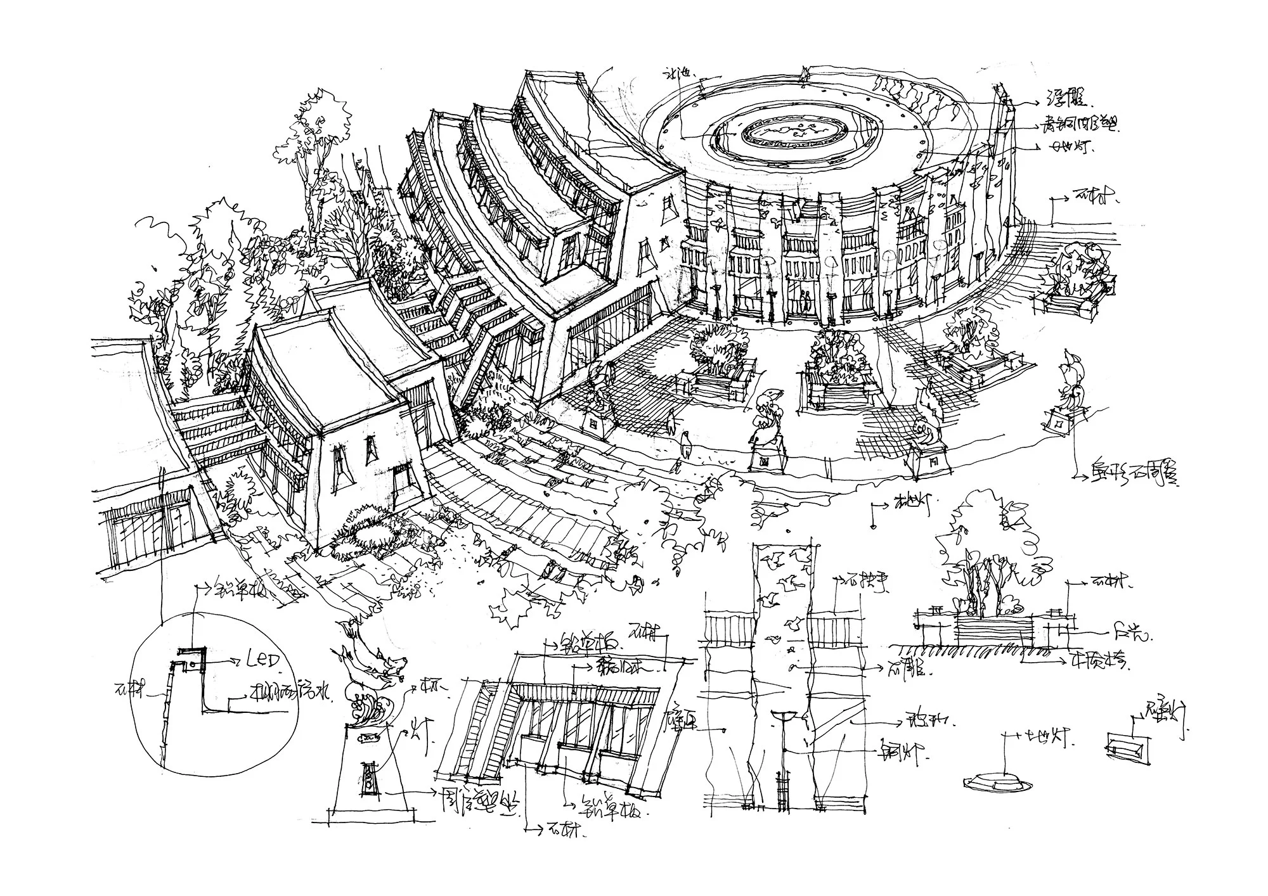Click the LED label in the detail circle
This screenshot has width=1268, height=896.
[x=262, y=661]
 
